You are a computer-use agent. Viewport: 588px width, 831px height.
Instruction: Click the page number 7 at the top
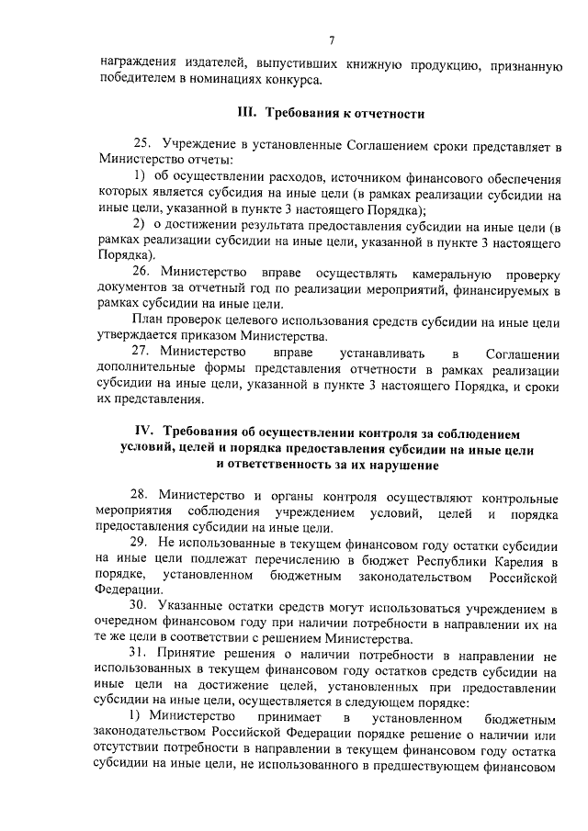click(x=331, y=39)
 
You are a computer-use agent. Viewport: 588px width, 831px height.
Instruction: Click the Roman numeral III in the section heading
click(x=246, y=115)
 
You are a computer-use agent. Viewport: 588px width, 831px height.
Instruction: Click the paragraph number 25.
click(x=141, y=145)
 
